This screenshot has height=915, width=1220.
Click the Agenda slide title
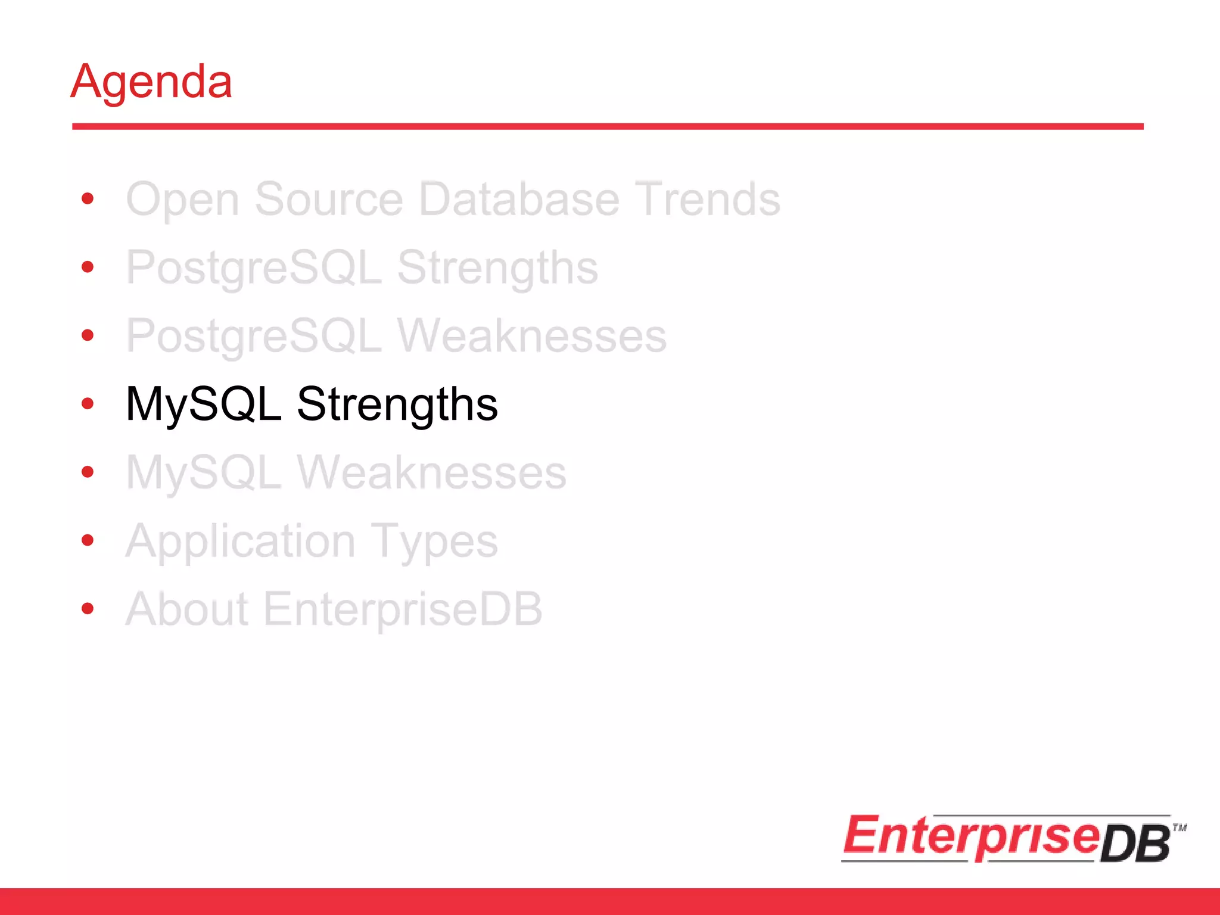[x=151, y=82]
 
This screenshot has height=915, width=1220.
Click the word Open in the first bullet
[x=182, y=200]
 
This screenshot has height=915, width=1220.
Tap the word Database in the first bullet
[x=519, y=200]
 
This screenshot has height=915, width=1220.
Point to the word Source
[x=329, y=200]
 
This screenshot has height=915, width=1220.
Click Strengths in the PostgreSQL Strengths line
[x=497, y=268]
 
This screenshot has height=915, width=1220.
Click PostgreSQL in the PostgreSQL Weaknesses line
[x=254, y=336]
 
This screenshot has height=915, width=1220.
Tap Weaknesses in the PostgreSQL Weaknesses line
[x=532, y=336]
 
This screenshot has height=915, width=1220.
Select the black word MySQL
[x=203, y=404]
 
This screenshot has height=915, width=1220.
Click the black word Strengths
[x=397, y=404]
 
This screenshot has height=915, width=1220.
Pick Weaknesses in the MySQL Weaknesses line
[x=432, y=473]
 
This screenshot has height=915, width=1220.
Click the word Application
[x=241, y=541]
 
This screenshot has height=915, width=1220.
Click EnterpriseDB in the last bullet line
[x=403, y=609]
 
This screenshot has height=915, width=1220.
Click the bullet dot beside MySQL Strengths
[x=88, y=404]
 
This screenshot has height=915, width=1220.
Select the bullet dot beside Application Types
[x=88, y=540]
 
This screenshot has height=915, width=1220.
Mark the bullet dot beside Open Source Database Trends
[x=88, y=198]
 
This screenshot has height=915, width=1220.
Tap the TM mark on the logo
[x=1179, y=827]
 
